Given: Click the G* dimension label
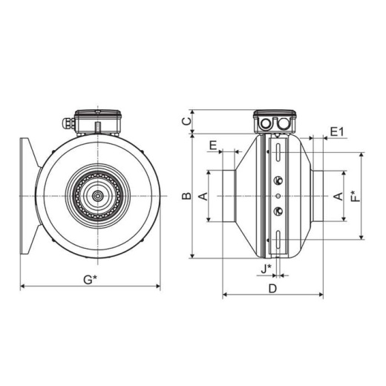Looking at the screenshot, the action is (x=90, y=280).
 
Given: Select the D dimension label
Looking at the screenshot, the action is (x=272, y=288).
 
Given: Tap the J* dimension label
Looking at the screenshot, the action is (x=266, y=269).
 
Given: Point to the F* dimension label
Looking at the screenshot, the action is (x=356, y=196).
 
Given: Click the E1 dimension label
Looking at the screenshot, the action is (x=337, y=132).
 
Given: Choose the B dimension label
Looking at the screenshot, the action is (x=186, y=196).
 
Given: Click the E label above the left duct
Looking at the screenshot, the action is (x=213, y=145).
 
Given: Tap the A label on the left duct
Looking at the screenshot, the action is (x=203, y=196).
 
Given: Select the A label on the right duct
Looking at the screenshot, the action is (x=338, y=196).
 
